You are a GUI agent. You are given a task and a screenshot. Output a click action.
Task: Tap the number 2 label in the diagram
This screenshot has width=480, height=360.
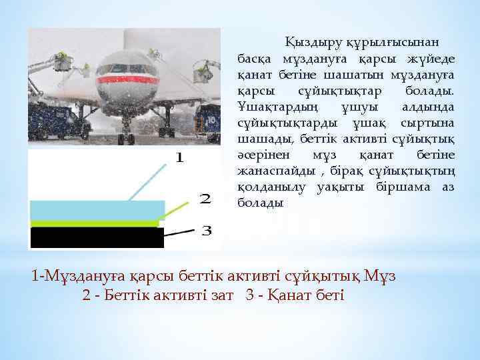coord(206,199)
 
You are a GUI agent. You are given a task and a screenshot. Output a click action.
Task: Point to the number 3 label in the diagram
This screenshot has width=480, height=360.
coord(207,231)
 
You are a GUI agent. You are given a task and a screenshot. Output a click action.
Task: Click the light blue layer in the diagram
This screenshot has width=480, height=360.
coord(96,210)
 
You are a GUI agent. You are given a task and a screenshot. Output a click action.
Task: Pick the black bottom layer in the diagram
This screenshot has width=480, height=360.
coord(96,238)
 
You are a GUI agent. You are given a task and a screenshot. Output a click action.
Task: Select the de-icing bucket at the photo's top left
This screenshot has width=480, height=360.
coord(64,62)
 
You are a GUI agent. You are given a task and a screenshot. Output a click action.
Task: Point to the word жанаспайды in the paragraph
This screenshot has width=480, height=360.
coord(269,171)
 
